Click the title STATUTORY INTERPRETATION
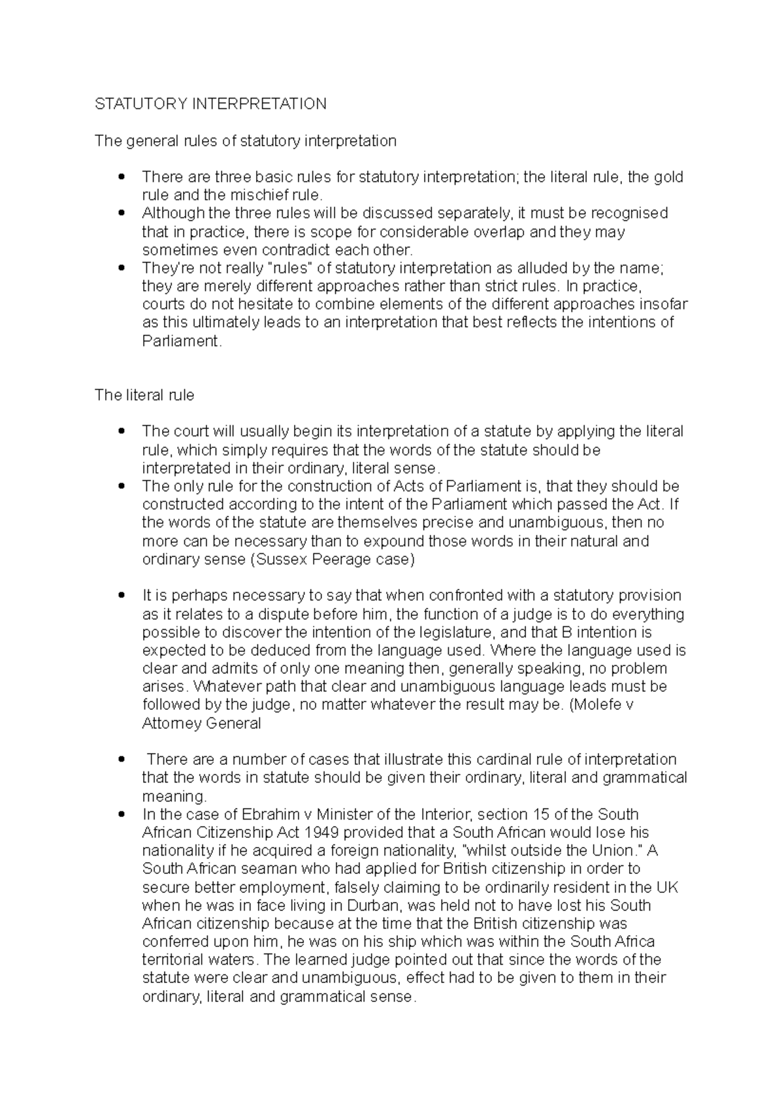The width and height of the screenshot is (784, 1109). click(210, 104)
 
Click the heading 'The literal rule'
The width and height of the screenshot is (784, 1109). click(144, 395)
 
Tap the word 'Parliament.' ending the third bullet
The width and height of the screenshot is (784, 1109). click(182, 341)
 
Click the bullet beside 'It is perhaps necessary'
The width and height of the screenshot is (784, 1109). click(121, 596)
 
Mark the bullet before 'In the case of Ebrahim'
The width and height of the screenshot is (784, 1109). click(121, 814)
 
